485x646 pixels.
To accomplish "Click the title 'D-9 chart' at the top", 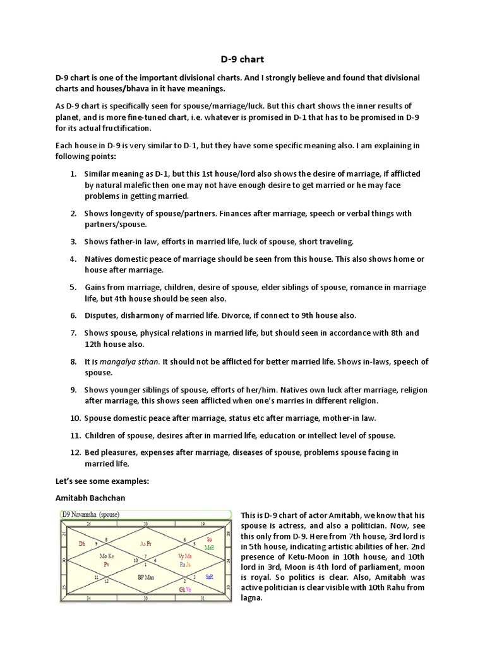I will click(242, 59).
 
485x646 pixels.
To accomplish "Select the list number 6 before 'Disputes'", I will click(73, 315).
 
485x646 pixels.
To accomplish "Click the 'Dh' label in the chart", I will click(81, 543).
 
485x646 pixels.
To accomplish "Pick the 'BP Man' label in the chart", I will click(147, 577).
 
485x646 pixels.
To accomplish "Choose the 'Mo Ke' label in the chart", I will click(107, 556).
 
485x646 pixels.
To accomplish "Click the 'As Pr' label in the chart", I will click(147, 543).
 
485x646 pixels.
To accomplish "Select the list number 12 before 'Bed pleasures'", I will click(75, 452).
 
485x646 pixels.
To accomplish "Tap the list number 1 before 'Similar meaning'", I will click(73, 173).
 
